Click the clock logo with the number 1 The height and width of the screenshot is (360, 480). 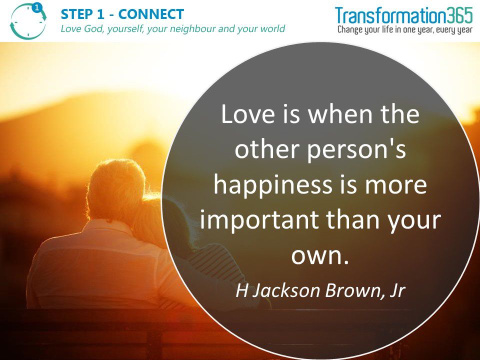(x=28, y=21)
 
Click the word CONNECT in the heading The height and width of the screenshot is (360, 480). (x=151, y=14)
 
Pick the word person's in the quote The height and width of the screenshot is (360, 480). (x=356, y=150)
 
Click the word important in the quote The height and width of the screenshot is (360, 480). (x=259, y=220)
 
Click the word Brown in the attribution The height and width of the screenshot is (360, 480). (x=353, y=290)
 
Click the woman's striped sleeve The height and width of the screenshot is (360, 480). (x=215, y=263)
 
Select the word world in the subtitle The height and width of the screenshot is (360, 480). (x=273, y=29)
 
